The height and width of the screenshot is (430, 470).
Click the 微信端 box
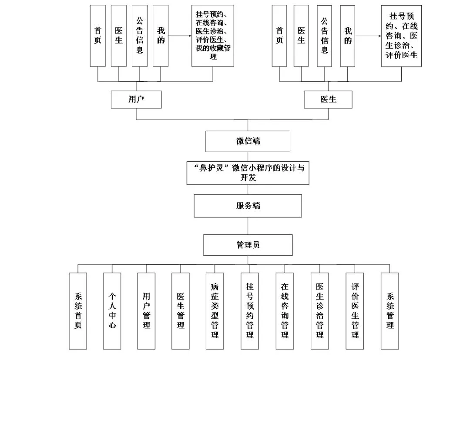[x=248, y=141]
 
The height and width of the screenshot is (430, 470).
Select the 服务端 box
[x=248, y=206]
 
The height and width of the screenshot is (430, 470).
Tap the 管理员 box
[x=248, y=245]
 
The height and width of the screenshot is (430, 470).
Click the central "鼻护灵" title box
[x=248, y=173]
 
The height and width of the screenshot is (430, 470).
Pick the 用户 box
[x=136, y=100]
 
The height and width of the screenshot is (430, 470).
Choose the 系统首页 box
[x=78, y=311]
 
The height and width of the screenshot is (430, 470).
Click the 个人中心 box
[x=112, y=311]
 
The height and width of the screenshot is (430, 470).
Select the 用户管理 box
[x=146, y=311]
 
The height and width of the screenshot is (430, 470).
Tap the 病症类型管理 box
[x=215, y=311]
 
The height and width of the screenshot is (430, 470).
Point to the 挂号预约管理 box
[x=250, y=311]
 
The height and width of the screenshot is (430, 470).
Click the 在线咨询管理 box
[x=285, y=311]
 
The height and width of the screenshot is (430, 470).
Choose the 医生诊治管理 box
[x=320, y=311]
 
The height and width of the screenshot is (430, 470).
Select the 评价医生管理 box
[x=355, y=311]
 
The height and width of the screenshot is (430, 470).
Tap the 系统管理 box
[x=389, y=311]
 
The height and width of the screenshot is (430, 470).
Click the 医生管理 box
[x=181, y=311]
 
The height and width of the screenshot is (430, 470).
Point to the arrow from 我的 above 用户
[x=180, y=36]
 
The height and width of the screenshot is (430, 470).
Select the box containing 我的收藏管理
[x=213, y=36]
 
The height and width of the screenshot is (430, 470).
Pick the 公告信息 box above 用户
[x=140, y=36]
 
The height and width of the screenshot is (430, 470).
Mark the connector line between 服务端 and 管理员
[x=248, y=226]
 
